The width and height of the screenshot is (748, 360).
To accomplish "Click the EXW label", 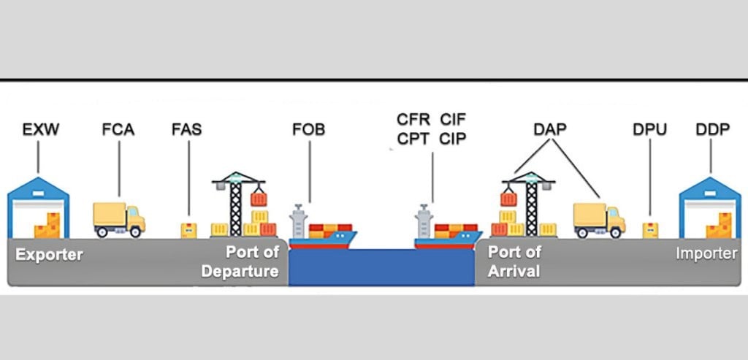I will (40, 131).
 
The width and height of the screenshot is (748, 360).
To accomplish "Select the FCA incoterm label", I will (118, 131).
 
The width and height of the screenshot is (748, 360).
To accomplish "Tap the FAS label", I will (186, 131).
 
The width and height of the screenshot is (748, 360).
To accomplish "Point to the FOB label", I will (308, 131).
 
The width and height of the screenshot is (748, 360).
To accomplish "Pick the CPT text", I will (413, 139).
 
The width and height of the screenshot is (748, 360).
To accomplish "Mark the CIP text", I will (454, 139).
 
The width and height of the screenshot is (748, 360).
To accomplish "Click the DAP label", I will (549, 130).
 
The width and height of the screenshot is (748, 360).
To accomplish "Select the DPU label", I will (649, 131).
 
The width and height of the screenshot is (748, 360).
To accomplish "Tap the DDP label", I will (712, 131).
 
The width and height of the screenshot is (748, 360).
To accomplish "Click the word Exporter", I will (49, 256).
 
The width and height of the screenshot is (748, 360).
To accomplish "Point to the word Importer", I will (706, 254).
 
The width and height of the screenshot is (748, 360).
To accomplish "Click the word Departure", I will (240, 272).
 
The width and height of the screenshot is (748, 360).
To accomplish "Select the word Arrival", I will (514, 272).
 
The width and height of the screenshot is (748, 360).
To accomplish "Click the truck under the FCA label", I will (119, 219).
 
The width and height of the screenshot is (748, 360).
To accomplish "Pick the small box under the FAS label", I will (188, 231).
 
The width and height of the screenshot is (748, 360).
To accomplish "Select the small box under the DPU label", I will (650, 230).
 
